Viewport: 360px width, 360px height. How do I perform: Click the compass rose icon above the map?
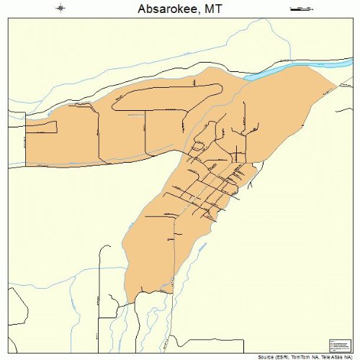(x=60, y=9)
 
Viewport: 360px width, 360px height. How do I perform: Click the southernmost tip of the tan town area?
(x=130, y=302)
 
